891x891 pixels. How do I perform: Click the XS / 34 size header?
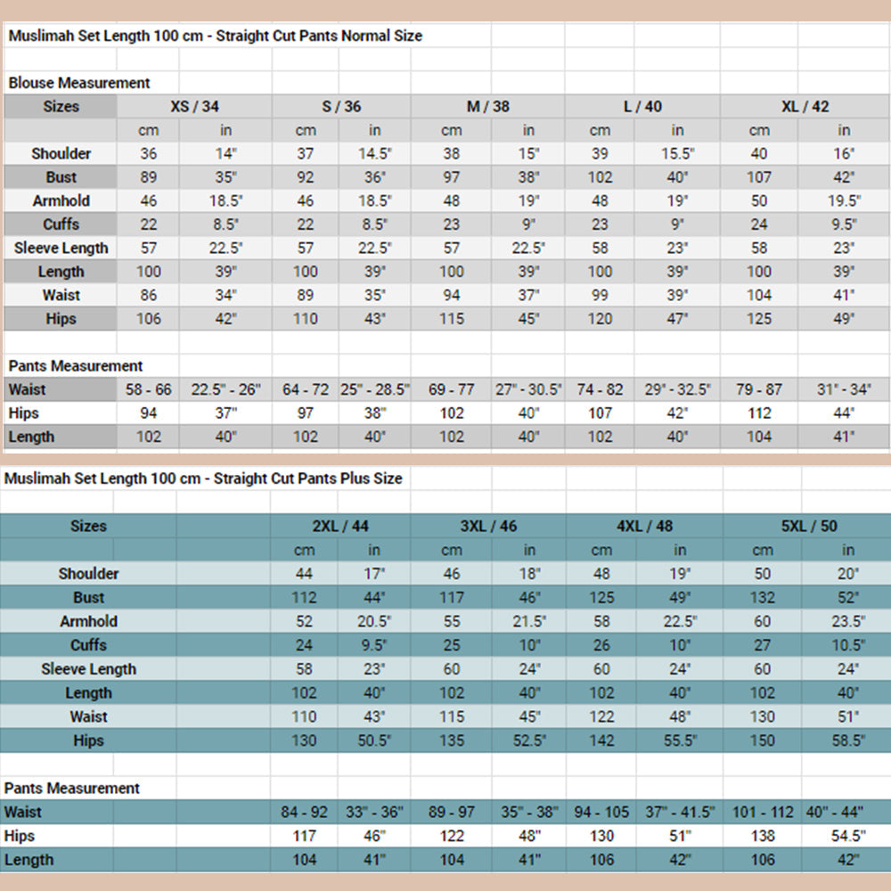[194, 106]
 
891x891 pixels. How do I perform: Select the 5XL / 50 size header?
[809, 526]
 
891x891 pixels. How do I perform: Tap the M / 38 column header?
[488, 106]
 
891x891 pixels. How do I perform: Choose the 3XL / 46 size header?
[488, 526]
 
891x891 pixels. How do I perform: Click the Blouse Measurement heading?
[79, 83]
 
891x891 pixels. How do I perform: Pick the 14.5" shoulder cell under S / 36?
[374, 153]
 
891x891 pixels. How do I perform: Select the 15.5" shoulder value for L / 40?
[677, 153]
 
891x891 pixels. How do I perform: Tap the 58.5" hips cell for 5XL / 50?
[847, 740]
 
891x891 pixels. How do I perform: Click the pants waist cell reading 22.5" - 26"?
[226, 389]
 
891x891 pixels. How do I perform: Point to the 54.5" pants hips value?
[847, 836]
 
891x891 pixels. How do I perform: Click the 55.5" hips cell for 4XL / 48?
[679, 740]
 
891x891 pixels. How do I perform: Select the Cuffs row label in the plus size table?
[88, 645]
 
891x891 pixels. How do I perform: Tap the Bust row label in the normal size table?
[61, 177]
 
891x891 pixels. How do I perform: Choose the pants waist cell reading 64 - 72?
[306, 389]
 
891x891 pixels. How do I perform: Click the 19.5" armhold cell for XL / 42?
[845, 200]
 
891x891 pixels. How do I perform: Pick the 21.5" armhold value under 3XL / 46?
[529, 621]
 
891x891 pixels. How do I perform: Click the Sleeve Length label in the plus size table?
[88, 669]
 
